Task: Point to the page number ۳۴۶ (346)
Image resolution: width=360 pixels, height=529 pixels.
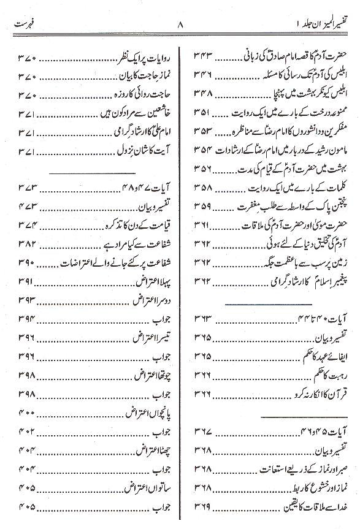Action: [205, 77]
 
